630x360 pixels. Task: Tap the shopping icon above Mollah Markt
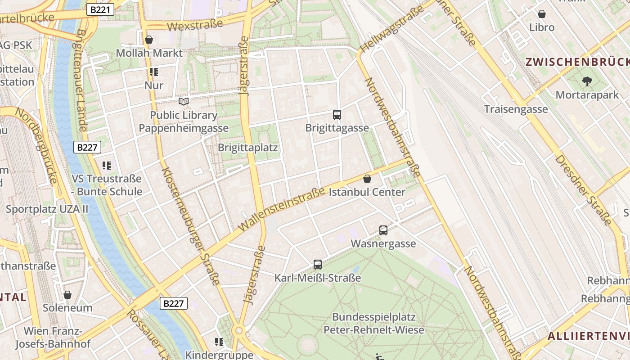pyautogui.click(x=149, y=40)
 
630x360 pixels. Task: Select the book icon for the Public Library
pyautogui.click(x=184, y=101)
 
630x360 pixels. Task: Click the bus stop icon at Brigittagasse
pyautogui.click(x=337, y=115)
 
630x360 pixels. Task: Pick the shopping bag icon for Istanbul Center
pyautogui.click(x=367, y=179)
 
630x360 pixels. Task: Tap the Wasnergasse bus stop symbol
pyautogui.click(x=383, y=230)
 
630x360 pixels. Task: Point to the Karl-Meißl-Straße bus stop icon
pyautogui.click(x=318, y=265)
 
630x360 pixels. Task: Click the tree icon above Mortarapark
pyautogui.click(x=587, y=81)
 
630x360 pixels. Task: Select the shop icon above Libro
pyautogui.click(x=542, y=14)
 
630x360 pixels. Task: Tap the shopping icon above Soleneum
pyautogui.click(x=67, y=295)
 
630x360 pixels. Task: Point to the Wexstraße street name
pyautogui.click(x=195, y=25)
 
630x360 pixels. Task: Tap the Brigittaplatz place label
pyautogui.click(x=247, y=148)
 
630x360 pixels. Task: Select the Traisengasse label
pyautogui.click(x=516, y=109)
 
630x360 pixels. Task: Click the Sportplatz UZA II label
pyautogui.click(x=47, y=209)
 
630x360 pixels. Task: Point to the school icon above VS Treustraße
pyautogui.click(x=106, y=166)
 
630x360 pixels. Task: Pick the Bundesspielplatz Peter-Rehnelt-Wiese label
pyautogui.click(x=374, y=324)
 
